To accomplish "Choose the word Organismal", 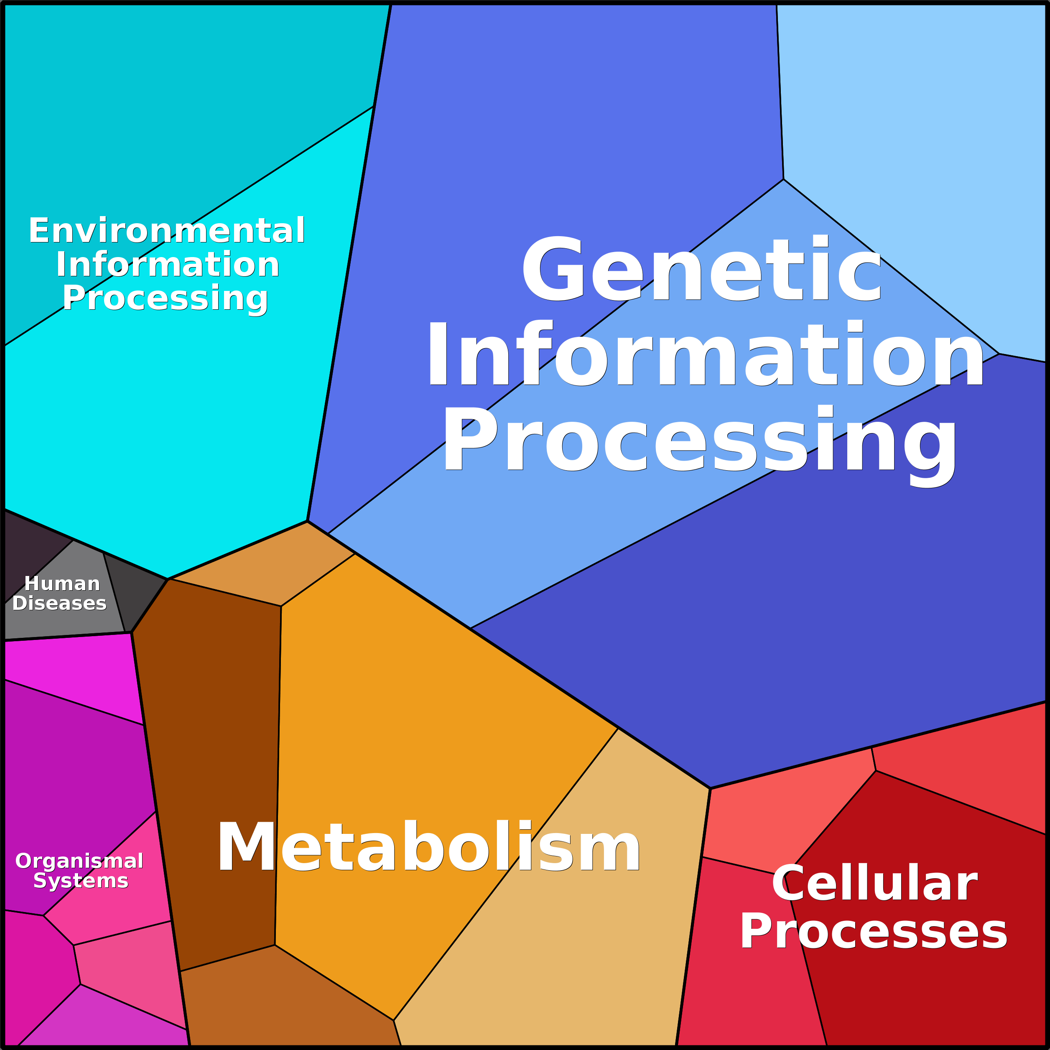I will pyautogui.click(x=79, y=861).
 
